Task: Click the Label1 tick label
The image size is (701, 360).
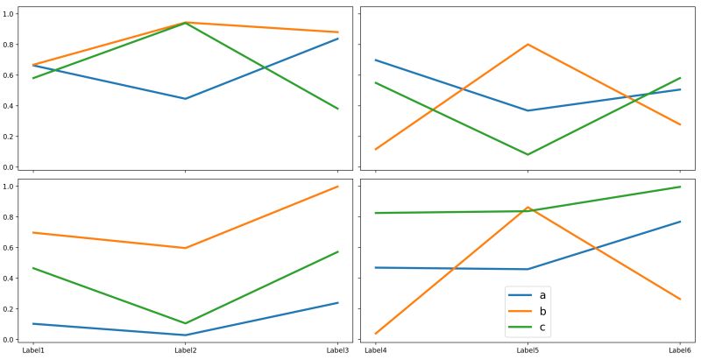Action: [x=33, y=350]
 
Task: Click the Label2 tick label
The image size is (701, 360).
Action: [x=185, y=350]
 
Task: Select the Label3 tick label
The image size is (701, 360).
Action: [x=337, y=350]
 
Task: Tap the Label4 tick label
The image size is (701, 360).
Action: [x=375, y=350]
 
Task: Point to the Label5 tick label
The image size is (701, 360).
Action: [x=528, y=350]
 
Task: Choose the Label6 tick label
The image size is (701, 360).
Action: [x=680, y=350]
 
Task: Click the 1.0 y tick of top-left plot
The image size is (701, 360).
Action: [x=11, y=13]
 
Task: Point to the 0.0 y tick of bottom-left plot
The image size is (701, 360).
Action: [x=11, y=340]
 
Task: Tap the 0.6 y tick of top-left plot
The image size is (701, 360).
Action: [x=11, y=75]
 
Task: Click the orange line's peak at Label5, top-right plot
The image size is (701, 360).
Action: [x=528, y=44]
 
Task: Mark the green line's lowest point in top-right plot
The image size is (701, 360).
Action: [x=528, y=155]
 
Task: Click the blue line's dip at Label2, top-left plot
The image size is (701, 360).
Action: [x=185, y=99]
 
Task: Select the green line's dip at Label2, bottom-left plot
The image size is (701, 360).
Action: [x=185, y=323]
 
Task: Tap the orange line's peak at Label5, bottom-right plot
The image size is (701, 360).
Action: [x=528, y=208]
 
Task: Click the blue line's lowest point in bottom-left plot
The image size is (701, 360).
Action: [x=185, y=335]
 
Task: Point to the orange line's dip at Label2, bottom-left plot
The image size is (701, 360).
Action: [x=185, y=248]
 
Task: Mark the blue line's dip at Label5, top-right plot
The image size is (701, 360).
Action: [x=528, y=110]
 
